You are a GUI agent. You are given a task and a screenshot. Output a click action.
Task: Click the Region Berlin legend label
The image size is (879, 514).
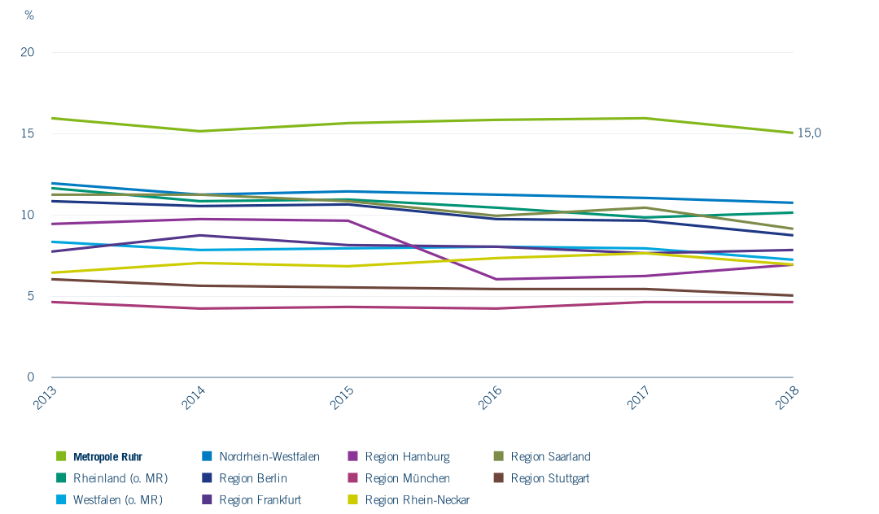pyautogui.click(x=252, y=478)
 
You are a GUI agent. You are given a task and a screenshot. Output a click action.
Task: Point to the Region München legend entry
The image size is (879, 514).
pyautogui.click(x=407, y=478)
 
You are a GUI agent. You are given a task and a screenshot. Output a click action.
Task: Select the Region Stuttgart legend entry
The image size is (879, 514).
pyautogui.click(x=550, y=478)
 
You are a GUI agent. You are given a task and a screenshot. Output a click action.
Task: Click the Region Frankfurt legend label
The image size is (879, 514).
pyautogui.click(x=260, y=499)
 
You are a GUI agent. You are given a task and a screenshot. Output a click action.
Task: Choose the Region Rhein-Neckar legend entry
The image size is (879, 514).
pyautogui.click(x=417, y=499)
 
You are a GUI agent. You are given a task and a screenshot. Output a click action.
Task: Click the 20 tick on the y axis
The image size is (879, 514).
pyautogui.click(x=28, y=52)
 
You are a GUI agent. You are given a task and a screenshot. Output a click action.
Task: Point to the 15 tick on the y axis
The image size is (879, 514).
pyautogui.click(x=28, y=133)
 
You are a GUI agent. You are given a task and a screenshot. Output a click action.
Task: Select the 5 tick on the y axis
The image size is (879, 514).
pyautogui.click(x=31, y=296)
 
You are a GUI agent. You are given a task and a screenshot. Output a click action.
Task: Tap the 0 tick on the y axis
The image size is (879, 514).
pyautogui.click(x=31, y=377)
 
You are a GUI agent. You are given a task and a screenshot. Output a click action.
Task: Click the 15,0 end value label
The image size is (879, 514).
pyautogui.click(x=809, y=133)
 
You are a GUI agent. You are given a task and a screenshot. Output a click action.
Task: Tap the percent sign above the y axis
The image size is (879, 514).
pyautogui.click(x=29, y=15)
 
